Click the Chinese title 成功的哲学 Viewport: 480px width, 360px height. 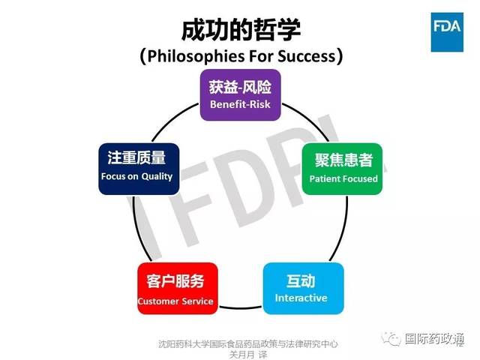tap(240, 28)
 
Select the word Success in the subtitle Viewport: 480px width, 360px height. tap(307, 56)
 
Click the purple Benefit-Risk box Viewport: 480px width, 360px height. tap(240, 94)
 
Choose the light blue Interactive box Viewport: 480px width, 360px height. tap(303, 287)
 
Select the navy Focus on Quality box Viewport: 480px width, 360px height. tap(138, 168)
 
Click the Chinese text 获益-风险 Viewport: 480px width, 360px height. tap(240, 87)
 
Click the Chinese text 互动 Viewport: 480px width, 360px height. tap(301, 280)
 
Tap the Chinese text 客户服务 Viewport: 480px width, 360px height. tap(175, 282)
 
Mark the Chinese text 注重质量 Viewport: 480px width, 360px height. tap(136, 158)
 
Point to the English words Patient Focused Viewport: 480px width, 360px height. tap(343, 179)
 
